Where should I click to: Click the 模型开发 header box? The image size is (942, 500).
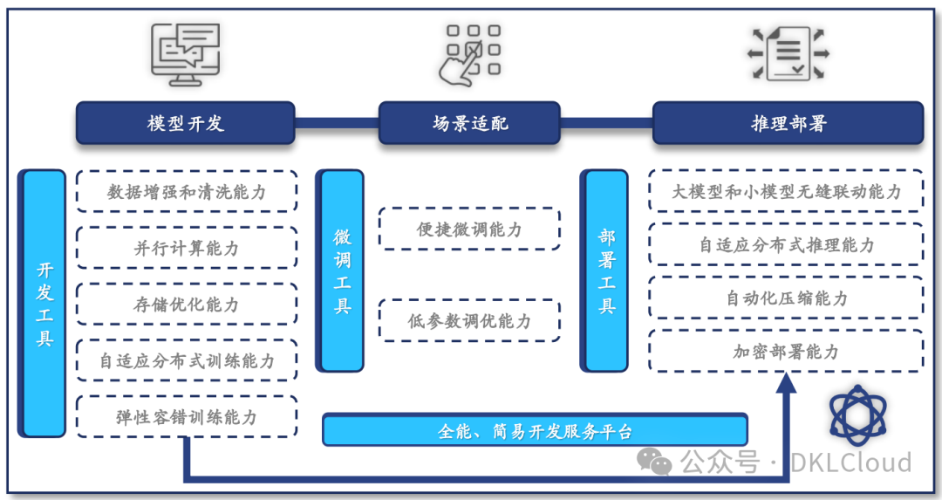pos(185,123)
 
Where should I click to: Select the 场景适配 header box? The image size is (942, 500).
pos(469,123)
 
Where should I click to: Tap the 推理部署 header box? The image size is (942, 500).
pos(788,123)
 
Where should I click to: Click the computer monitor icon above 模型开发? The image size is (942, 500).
pos(185,54)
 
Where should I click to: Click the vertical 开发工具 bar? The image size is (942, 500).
pos(44,303)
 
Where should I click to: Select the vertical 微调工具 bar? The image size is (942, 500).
pos(342,271)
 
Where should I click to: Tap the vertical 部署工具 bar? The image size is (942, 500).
pos(606,271)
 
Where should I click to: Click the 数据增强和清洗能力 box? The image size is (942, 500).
pos(186,191)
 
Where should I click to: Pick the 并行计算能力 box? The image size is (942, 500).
pos(186,248)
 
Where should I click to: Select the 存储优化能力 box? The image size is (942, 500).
pos(186,305)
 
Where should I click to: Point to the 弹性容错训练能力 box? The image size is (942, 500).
pos(186,417)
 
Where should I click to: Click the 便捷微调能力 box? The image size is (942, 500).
pos(469,229)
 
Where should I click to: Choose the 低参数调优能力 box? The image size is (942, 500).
pos(469,320)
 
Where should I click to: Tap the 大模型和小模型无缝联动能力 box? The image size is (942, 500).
pos(786,191)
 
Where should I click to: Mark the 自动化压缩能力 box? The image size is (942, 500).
pos(786,298)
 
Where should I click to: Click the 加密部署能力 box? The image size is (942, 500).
pos(786,351)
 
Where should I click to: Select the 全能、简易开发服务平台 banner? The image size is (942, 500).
pos(535,430)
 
